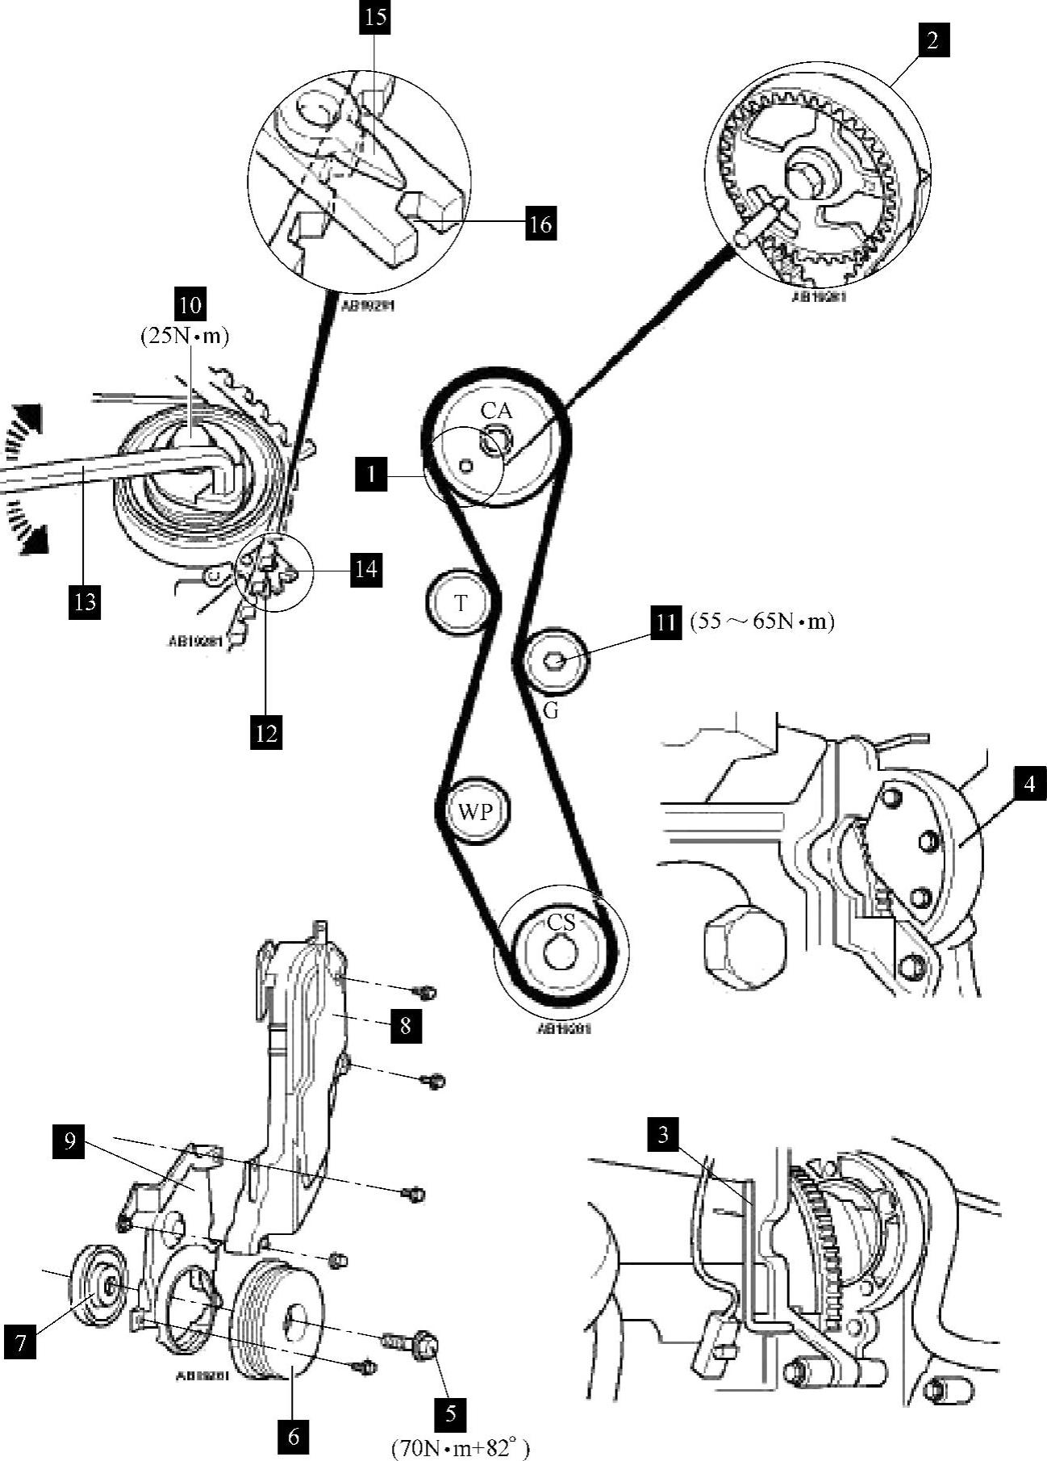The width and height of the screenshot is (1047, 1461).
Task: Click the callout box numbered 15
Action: click(x=375, y=18)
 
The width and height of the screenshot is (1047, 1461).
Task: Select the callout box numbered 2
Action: click(x=932, y=40)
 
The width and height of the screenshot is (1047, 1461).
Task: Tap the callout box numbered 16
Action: click(x=540, y=223)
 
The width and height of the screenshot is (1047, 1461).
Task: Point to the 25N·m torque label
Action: click(x=185, y=336)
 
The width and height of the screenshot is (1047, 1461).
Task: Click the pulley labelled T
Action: click(x=460, y=603)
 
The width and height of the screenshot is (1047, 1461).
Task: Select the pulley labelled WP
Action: click(x=475, y=810)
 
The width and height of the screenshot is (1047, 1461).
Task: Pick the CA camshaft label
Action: click(x=496, y=411)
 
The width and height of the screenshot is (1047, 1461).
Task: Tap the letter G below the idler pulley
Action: click(x=551, y=711)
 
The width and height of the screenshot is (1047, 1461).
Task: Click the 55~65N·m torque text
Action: click(x=761, y=622)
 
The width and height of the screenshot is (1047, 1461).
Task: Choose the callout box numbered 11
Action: click(x=666, y=622)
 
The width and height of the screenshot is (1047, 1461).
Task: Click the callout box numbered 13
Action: click(x=85, y=601)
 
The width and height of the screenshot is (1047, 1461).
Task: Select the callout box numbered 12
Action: click(x=266, y=733)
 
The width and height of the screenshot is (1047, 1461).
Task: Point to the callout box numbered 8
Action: click(x=405, y=1025)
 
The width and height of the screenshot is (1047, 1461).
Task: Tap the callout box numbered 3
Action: click(x=663, y=1134)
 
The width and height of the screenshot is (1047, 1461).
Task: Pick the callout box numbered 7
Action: click(x=20, y=1342)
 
